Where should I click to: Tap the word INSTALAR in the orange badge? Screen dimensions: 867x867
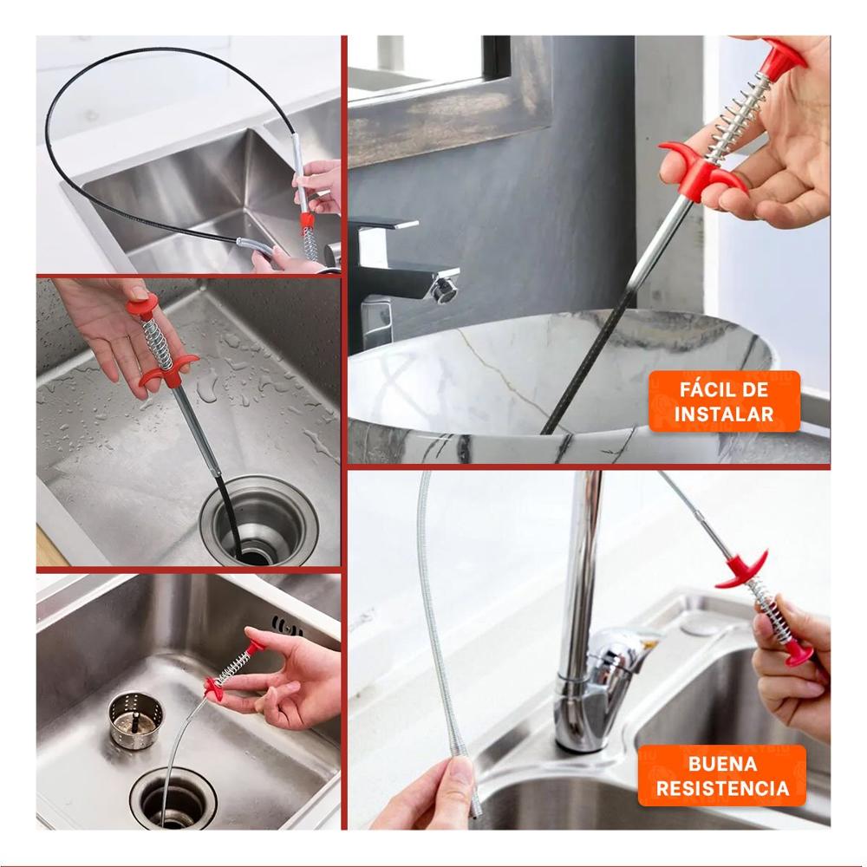point(724,414)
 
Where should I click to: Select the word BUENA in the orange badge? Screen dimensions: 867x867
point(722,764)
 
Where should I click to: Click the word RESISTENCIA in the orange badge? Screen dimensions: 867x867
point(722,788)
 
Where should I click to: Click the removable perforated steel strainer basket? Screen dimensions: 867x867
point(136,718)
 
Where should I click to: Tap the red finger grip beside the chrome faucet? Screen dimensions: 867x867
point(743,570)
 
